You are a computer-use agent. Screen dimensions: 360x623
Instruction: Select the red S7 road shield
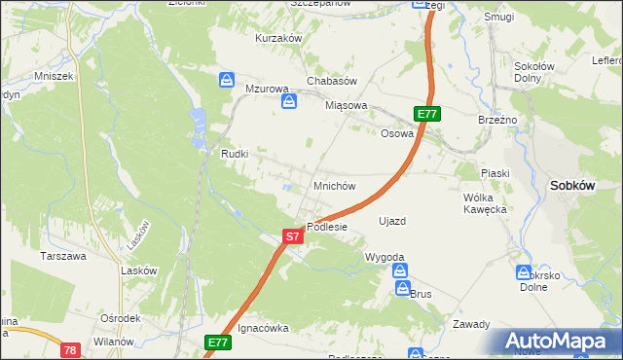pyautogui.click(x=293, y=235)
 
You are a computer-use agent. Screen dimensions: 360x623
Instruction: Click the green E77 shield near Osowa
pyautogui.click(x=428, y=114)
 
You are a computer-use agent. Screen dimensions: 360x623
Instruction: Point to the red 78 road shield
pyautogui.click(x=69, y=349)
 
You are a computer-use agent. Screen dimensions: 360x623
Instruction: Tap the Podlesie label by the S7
pyautogui.click(x=327, y=227)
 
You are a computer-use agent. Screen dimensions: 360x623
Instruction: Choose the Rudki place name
pyautogui.click(x=236, y=154)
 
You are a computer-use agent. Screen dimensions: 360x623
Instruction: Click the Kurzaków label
pyautogui.click(x=278, y=38)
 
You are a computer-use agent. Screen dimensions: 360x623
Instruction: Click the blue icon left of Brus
pyautogui.click(x=401, y=290)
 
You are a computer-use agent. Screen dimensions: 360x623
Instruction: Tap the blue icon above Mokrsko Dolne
pyautogui.click(x=524, y=272)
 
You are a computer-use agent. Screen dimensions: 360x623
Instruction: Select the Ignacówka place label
pyautogui.click(x=264, y=329)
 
